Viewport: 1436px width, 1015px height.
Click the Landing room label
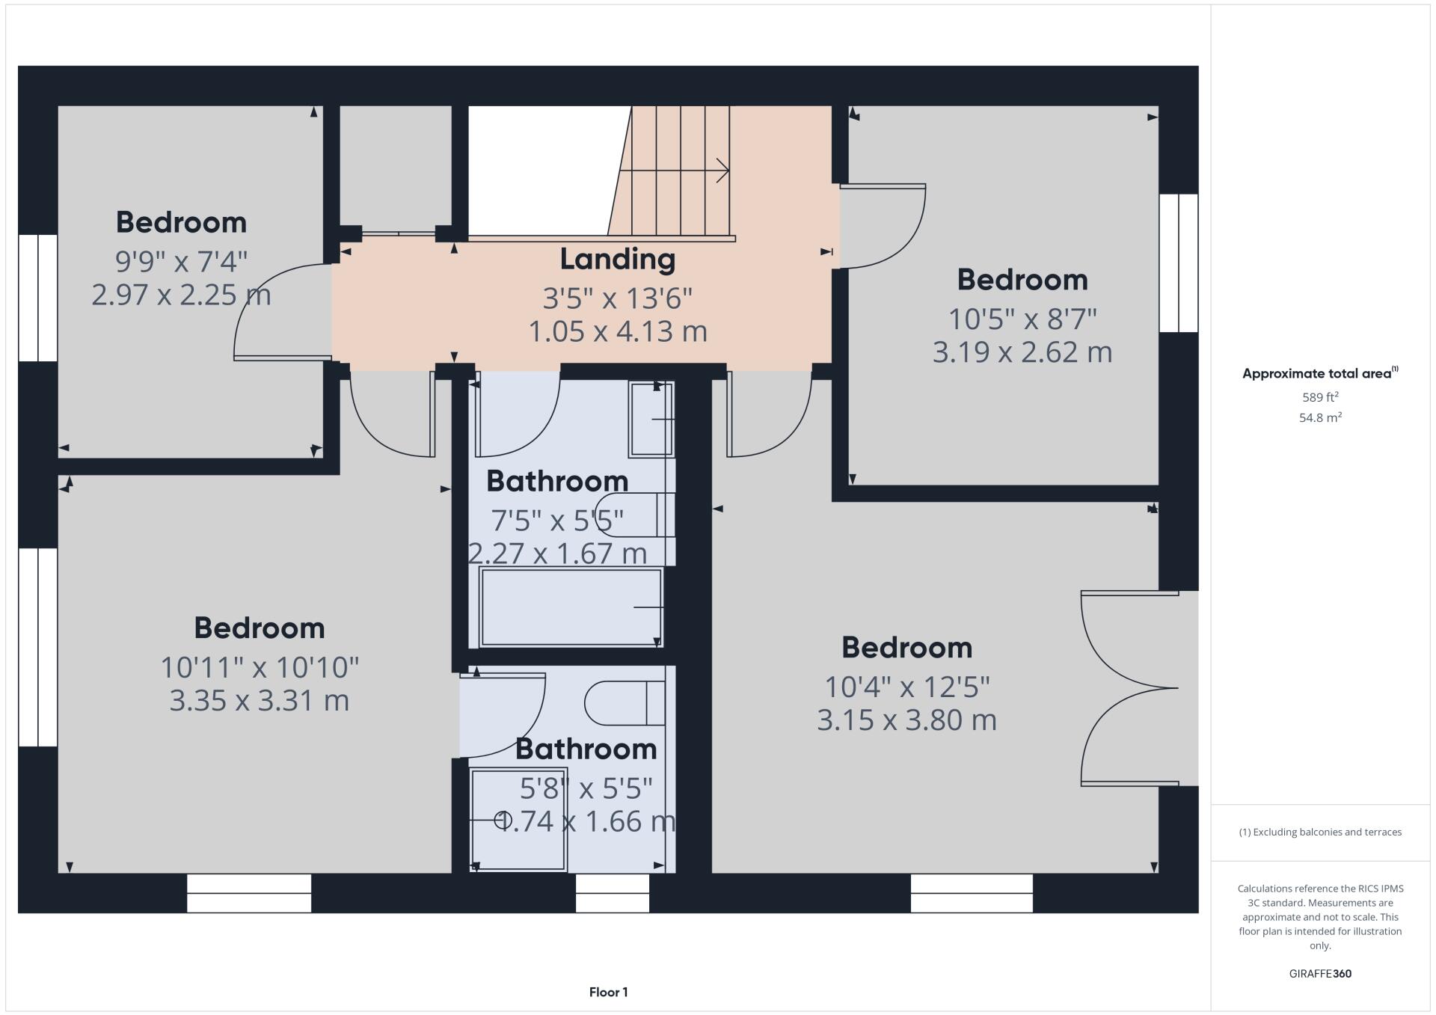(617, 260)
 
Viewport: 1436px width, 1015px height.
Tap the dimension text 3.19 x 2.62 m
(1022, 352)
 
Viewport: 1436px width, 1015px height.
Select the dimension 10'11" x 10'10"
(260, 667)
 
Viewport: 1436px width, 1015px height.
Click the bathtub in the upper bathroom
(571, 607)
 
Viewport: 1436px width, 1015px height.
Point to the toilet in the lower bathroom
(625, 703)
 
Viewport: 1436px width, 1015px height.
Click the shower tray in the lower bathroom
(518, 819)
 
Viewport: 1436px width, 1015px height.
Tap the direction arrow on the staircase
(722, 171)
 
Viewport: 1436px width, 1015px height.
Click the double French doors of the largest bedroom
(1129, 688)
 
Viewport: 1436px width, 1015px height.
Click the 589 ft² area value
(1320, 397)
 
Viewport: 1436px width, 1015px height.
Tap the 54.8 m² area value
(1320, 417)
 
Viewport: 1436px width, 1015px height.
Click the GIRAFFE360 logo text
(1320, 974)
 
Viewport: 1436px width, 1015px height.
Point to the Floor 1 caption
(608, 993)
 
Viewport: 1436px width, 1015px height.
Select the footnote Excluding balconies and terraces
(1320, 832)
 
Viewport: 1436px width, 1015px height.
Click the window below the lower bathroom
(612, 893)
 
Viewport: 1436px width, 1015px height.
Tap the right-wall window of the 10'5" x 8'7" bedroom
(1179, 263)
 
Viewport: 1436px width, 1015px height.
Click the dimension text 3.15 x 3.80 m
(906, 720)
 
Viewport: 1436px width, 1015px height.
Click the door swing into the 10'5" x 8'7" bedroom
(883, 227)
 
